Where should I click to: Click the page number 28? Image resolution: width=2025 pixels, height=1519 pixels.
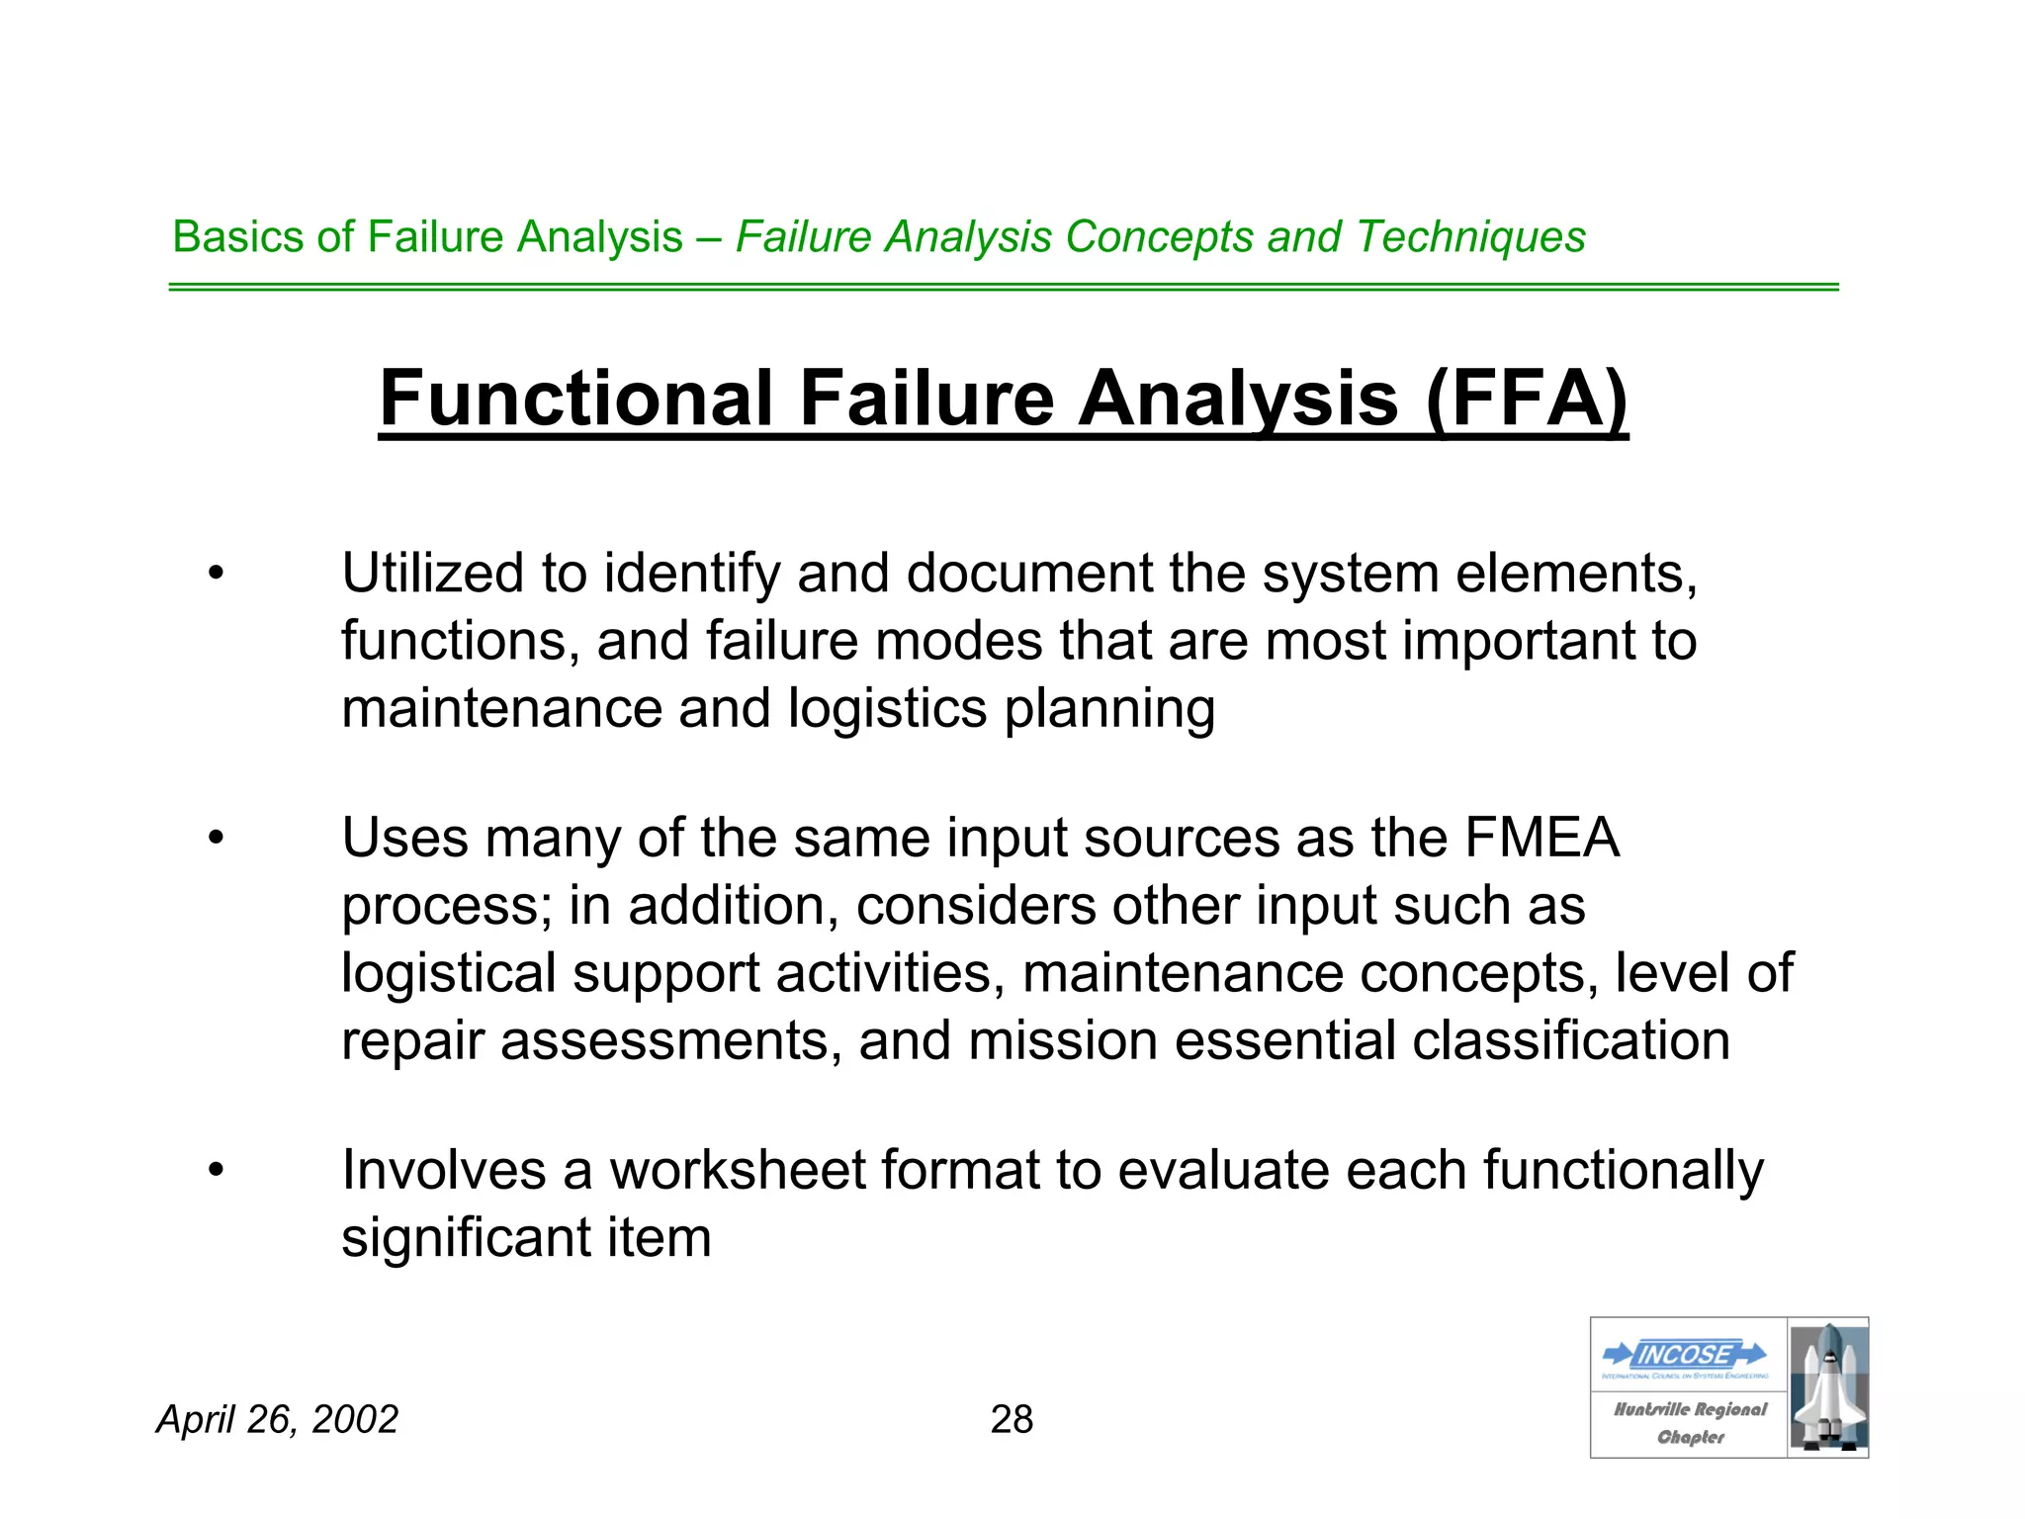[1012, 1419]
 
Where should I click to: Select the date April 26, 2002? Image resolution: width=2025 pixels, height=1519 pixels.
[278, 1419]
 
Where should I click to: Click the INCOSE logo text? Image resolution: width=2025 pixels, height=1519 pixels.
[1684, 1354]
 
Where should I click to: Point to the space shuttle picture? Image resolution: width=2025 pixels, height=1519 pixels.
[1828, 1387]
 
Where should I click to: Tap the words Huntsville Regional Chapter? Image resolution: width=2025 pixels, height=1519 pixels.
[1690, 1423]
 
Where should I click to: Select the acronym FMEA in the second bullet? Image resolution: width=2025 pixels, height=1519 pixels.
[1542, 838]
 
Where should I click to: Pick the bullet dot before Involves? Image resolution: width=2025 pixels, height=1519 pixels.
[217, 1171]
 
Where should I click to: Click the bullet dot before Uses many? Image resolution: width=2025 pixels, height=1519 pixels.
[217, 839]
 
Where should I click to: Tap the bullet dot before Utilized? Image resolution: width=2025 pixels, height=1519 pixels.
[217, 574]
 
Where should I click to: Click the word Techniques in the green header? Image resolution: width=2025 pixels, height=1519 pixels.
[1470, 237]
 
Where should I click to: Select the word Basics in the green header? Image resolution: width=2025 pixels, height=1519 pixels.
[237, 237]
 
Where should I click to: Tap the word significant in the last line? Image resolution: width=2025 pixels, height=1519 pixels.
[466, 1237]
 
